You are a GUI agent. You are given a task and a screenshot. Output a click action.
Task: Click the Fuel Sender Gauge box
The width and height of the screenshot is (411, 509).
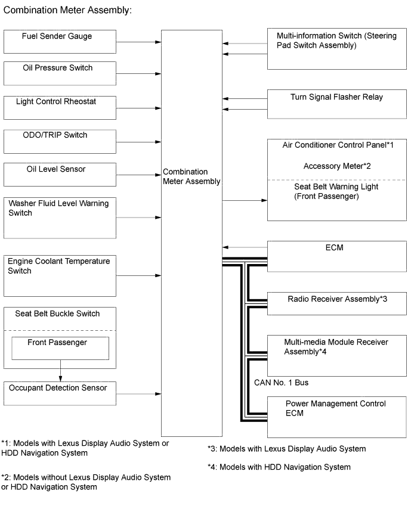[60, 41]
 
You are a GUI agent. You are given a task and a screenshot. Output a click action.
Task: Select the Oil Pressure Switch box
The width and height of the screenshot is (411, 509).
[60, 73]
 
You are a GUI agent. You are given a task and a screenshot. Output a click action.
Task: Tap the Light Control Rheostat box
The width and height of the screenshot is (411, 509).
[60, 107]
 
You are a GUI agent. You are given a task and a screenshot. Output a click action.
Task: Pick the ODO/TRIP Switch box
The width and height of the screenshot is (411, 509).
[60, 141]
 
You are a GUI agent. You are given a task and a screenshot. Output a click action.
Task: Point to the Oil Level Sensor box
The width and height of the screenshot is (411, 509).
[60, 175]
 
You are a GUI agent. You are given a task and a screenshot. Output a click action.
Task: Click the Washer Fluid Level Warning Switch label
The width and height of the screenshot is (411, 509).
[58, 208]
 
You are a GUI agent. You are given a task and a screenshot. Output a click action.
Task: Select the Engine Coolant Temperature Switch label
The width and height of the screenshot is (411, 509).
[58, 266]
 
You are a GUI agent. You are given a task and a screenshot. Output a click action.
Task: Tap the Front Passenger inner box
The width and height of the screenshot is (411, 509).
[60, 348]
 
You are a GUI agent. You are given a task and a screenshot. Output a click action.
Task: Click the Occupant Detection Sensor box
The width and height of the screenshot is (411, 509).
[60, 394]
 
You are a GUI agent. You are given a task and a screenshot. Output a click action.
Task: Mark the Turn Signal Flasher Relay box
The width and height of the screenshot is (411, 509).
[336, 104]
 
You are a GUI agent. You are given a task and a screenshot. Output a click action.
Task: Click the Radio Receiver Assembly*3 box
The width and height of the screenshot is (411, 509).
[336, 303]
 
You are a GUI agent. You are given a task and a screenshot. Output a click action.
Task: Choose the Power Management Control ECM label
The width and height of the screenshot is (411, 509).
[335, 408]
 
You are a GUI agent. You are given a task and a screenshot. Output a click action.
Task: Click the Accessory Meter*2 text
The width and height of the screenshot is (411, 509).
[337, 166]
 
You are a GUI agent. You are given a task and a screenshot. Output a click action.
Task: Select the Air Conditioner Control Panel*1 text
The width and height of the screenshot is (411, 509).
[337, 145]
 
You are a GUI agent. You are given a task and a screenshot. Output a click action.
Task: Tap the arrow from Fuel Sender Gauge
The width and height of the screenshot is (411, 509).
[139, 42]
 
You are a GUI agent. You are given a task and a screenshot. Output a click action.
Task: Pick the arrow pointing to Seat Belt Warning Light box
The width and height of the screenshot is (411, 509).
[245, 201]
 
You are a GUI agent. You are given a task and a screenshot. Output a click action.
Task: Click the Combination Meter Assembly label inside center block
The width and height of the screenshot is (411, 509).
[191, 176]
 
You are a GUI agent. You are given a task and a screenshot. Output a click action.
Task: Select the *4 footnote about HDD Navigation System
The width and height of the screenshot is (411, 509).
[279, 467]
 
